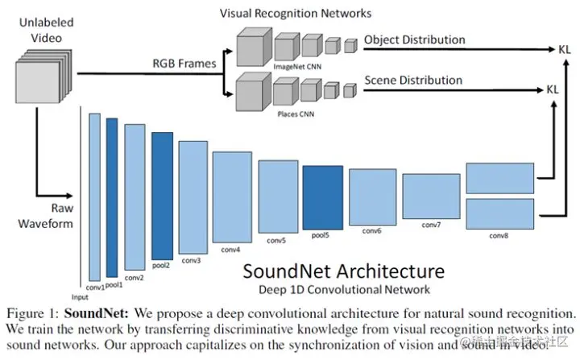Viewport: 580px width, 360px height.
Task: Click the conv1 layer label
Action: pyautogui.click(x=96, y=285)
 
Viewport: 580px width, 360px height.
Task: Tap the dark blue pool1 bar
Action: pyautogui.click(x=112, y=197)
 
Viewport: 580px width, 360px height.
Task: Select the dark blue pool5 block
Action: pyautogui.click(x=322, y=197)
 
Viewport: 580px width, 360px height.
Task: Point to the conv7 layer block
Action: pyautogui.click(x=431, y=197)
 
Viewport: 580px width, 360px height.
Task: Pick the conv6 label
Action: pyautogui.click(x=371, y=231)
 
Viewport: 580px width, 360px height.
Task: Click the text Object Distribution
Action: pyautogui.click(x=414, y=39)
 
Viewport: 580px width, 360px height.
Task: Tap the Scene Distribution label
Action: pyautogui.click(x=413, y=80)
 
